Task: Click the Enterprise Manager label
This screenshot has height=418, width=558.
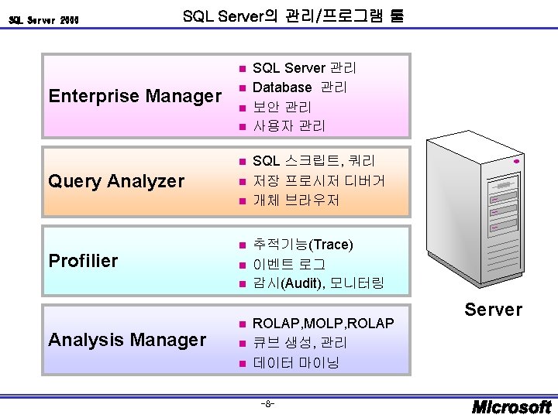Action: pos(135,96)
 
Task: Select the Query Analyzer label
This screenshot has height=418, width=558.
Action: pos(116,181)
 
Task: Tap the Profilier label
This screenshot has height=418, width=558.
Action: pos(83,261)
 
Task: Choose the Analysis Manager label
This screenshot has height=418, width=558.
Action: pos(127,340)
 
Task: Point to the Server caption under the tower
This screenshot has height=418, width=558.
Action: pos(493,310)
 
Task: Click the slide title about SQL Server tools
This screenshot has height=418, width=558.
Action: pos(292,15)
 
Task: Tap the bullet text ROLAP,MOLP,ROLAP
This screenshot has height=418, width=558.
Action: pos(323,323)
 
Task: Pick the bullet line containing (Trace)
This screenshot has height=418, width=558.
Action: pos(303,245)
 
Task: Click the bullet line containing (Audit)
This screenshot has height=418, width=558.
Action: pos(318,283)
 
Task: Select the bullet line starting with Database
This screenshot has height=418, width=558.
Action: pos(300,87)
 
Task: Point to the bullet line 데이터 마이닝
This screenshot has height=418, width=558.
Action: pos(296,362)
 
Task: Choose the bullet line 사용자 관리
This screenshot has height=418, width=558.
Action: pos(289,125)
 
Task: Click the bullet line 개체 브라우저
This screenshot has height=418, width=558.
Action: pos(296,200)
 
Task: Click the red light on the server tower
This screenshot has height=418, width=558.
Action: pos(516,163)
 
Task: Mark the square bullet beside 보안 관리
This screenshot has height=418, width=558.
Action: pos(242,107)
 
